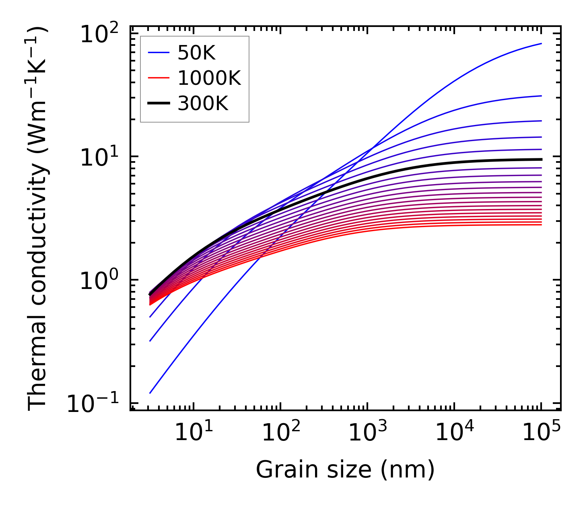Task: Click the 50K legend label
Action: pyautogui.click(x=196, y=53)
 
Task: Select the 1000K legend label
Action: pyautogui.click(x=209, y=78)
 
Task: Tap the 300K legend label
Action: pyautogui.click(x=203, y=104)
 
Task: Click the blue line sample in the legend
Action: pyautogui.click(x=159, y=53)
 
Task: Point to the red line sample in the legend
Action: pyautogui.click(x=159, y=78)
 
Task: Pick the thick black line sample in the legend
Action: pyautogui.click(x=159, y=104)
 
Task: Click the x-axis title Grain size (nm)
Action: pyautogui.click(x=345, y=469)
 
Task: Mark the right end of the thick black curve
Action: pyautogui.click(x=541, y=160)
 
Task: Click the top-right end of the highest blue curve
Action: pyautogui.click(x=541, y=43)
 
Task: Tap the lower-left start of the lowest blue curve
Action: pyautogui.click(x=150, y=393)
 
